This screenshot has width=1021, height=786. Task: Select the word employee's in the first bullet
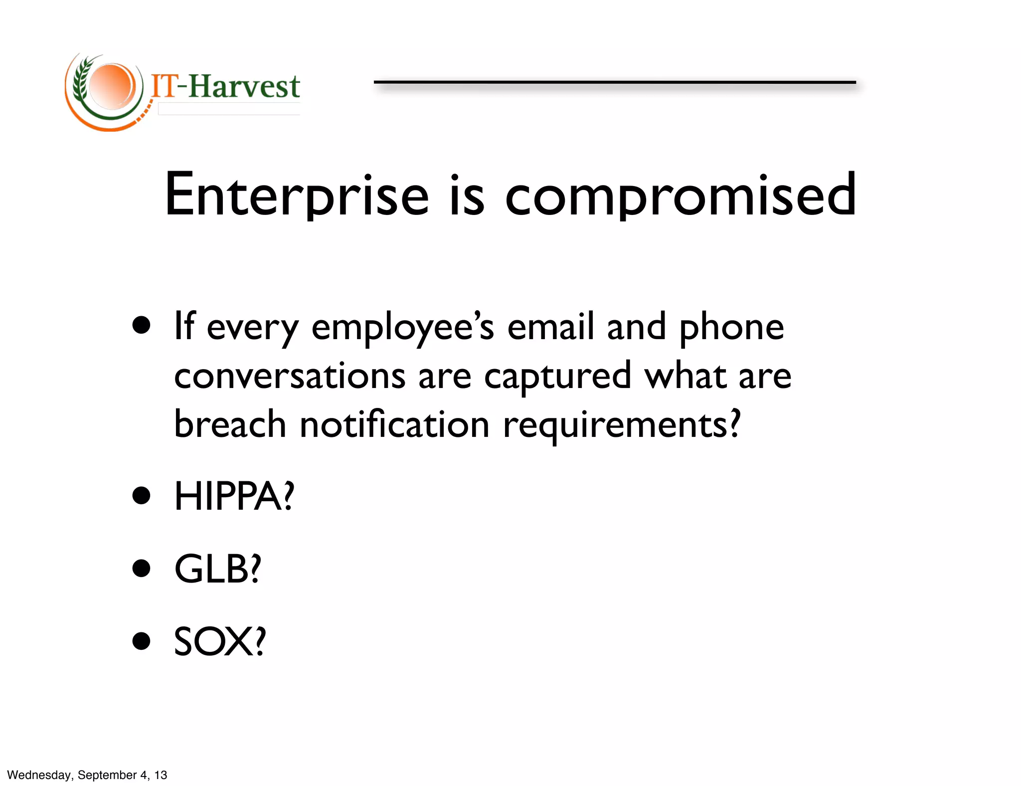pyautogui.click(x=403, y=328)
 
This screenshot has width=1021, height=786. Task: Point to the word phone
pyautogui.click(x=732, y=328)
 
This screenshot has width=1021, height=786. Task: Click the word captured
pyautogui.click(x=557, y=377)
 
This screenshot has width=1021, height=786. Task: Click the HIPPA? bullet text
pyautogui.click(x=234, y=496)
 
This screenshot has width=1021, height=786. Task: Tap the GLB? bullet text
pyautogui.click(x=217, y=569)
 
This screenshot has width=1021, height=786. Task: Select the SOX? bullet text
pyautogui.click(x=220, y=641)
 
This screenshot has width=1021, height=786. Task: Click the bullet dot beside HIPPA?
pyautogui.click(x=142, y=496)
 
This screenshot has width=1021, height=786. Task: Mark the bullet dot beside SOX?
pyautogui.click(x=142, y=641)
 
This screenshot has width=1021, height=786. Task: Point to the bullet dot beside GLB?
pyautogui.click(x=142, y=569)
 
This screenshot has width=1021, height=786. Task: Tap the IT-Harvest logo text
pyautogui.click(x=225, y=86)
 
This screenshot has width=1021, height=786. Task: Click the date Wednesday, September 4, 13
pyautogui.click(x=87, y=775)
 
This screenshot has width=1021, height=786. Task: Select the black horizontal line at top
pyautogui.click(x=615, y=82)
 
